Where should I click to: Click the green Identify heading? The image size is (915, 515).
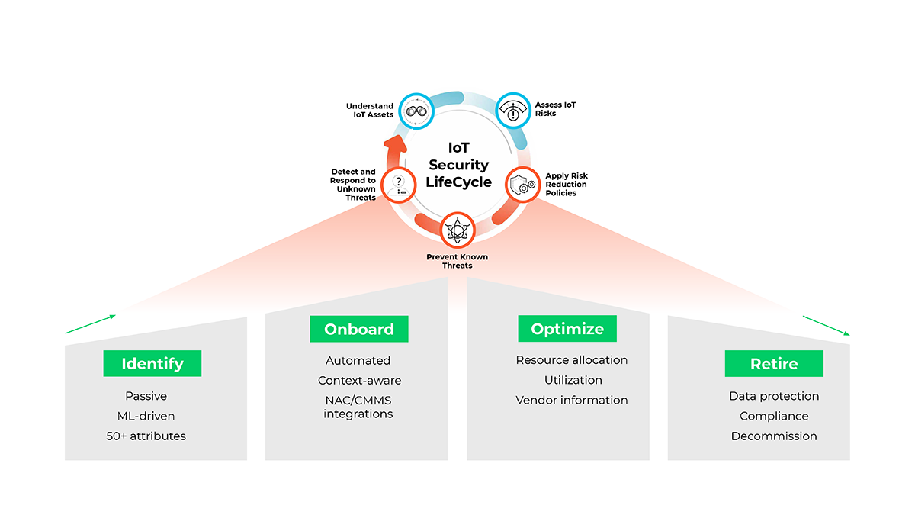coord(152,363)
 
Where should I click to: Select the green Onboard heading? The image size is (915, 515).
coord(359,329)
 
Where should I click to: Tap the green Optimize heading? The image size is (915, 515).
coord(567,329)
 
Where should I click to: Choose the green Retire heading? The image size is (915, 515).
coord(774,363)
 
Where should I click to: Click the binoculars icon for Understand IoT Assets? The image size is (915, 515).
coord(417,111)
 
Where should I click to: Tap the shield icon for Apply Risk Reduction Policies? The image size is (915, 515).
coord(523,185)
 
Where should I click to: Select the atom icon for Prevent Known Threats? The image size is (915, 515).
coord(457,230)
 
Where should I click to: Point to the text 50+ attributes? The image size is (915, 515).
coord(146,436)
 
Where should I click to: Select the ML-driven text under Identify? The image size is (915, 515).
coord(146,416)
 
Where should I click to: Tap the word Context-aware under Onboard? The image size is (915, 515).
coord(359,380)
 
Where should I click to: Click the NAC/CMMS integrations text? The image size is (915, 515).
coord(358,407)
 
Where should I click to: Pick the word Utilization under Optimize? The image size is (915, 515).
coord(573,380)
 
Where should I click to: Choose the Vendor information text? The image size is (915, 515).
coord(572,400)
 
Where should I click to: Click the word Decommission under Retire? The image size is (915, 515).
coord(774,436)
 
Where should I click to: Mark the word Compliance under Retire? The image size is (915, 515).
coord(774,416)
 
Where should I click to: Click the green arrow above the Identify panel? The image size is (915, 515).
coord(91,324)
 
